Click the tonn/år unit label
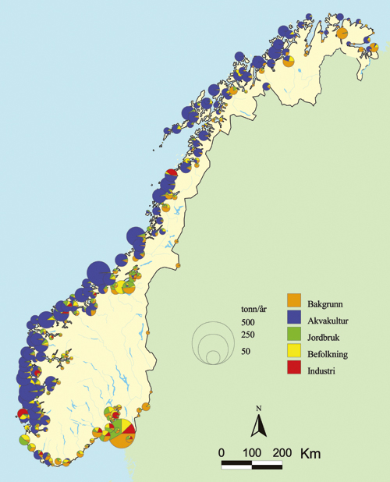click(255, 309)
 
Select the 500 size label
click(248, 322)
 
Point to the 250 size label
click(248, 335)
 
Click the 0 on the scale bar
click(222, 453)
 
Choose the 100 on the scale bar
click(252, 453)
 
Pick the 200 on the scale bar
click(282, 453)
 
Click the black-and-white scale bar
click(252, 466)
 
